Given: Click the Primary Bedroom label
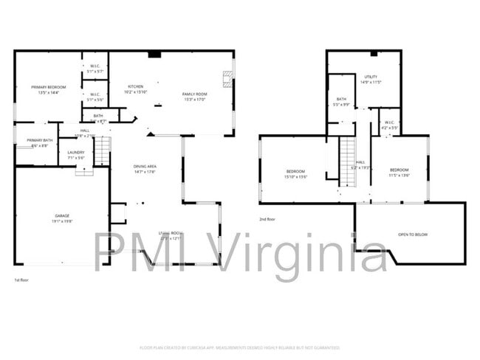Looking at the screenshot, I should pyautogui.click(x=44, y=90).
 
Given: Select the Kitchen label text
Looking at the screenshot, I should pyautogui.click(x=136, y=89).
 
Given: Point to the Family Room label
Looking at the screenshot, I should pyautogui.click(x=196, y=96).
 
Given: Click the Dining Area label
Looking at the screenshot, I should pyautogui.click(x=145, y=169).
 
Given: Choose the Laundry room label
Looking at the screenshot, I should pyautogui.click(x=76, y=154).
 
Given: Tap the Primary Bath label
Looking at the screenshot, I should pyautogui.click(x=40, y=142).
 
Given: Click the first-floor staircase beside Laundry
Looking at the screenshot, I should pyautogui.click(x=102, y=150).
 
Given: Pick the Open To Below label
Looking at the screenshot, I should pyautogui.click(x=412, y=235).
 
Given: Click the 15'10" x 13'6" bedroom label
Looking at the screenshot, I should pyautogui.click(x=296, y=174).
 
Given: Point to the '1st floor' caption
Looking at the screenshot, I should pyautogui.click(x=22, y=280).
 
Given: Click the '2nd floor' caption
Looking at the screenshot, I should pyautogui.click(x=267, y=219).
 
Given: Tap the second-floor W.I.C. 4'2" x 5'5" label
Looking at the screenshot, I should pyautogui.click(x=389, y=125).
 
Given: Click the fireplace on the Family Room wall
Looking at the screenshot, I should pyautogui.click(x=228, y=80).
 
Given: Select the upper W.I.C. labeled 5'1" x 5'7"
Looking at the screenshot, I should pyautogui.click(x=95, y=69).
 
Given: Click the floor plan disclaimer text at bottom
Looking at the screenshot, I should pyautogui.click(x=239, y=347).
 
